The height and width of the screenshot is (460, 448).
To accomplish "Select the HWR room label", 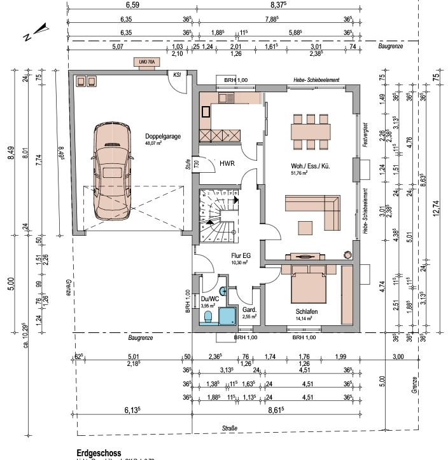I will click(227, 164).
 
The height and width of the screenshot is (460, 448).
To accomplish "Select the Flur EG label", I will click(240, 257).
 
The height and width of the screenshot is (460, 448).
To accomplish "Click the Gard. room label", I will click(249, 309).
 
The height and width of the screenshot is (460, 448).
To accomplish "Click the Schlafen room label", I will click(306, 313).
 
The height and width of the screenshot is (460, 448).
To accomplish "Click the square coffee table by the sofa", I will click(306, 227).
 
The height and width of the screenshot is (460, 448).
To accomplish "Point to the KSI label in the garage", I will click(176, 74).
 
